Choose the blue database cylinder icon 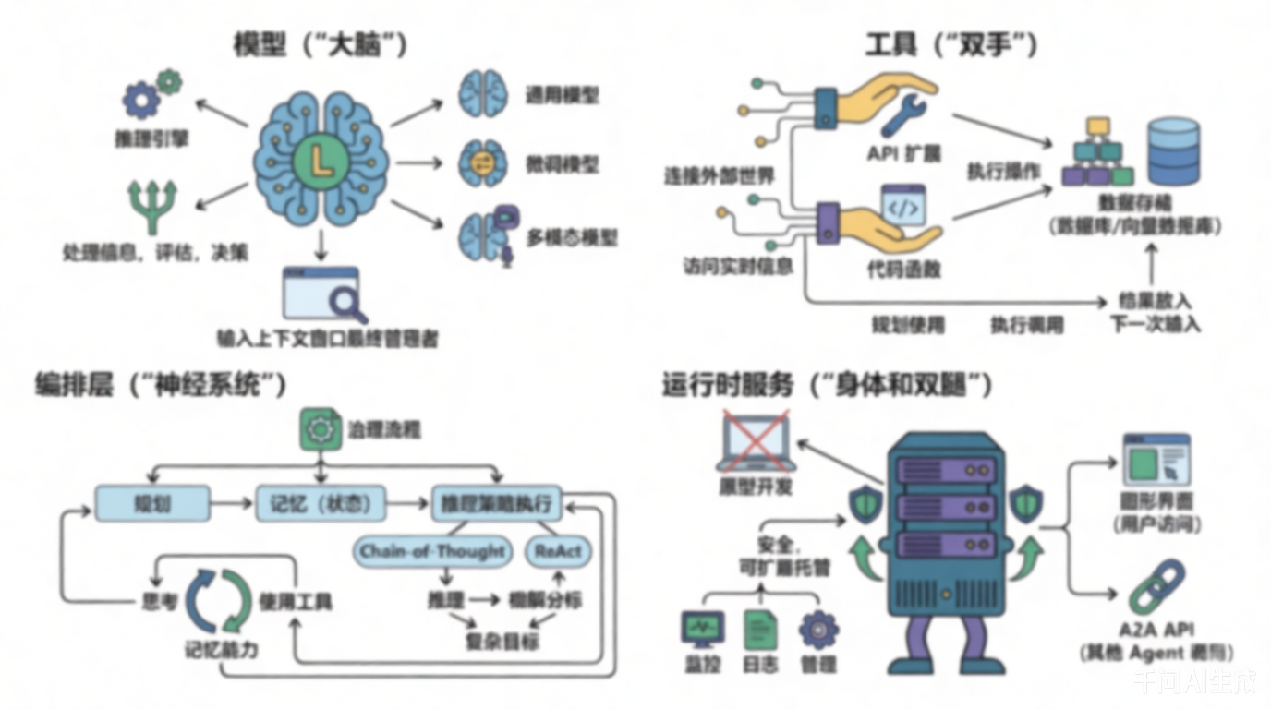pos(1172,150)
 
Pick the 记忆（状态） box pos(320,503)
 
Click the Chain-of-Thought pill pos(433,551)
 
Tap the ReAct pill pos(558,551)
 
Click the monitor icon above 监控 pos(703,629)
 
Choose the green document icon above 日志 pos(761,629)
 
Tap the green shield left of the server pos(865,504)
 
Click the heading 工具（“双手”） pos(950,44)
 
